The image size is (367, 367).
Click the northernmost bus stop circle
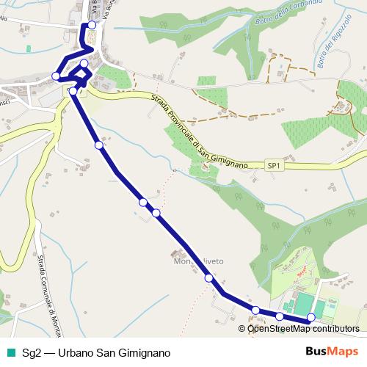(x=92, y=25)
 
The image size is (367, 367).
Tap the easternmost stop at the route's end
(x=310, y=317)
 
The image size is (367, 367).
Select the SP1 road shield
(x=273, y=167)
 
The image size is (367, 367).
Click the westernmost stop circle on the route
(x=57, y=76)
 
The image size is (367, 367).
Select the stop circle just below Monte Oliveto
(x=209, y=278)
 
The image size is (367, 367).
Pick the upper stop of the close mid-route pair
(x=143, y=202)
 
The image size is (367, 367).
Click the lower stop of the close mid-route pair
(x=156, y=213)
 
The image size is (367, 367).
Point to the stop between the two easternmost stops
(x=280, y=316)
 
